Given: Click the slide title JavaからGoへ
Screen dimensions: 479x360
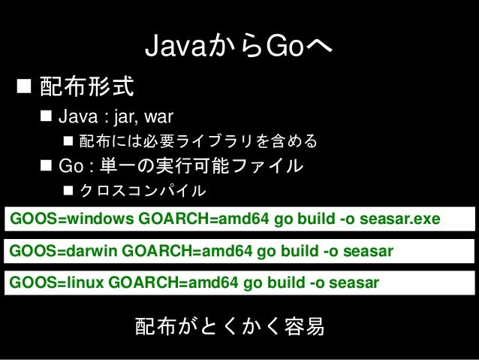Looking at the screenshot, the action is (x=239, y=46).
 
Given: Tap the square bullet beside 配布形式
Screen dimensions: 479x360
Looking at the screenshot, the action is (x=24, y=86).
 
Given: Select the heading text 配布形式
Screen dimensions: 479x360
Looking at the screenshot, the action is (x=87, y=86).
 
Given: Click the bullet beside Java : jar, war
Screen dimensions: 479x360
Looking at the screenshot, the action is (x=46, y=116).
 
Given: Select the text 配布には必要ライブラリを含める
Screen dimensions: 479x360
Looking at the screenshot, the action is (x=198, y=141).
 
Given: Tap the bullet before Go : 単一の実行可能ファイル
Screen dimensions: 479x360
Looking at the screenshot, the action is (x=46, y=165).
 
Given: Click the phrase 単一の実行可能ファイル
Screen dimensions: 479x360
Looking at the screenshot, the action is (x=201, y=165).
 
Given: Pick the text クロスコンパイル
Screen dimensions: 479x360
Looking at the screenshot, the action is (x=143, y=190).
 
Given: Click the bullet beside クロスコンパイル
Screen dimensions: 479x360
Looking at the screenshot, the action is (x=68, y=190).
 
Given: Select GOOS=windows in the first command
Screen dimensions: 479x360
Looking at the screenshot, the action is (x=72, y=219).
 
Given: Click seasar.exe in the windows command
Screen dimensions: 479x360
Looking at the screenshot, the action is (x=400, y=219).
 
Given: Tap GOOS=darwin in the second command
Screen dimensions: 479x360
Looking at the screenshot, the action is (x=63, y=251).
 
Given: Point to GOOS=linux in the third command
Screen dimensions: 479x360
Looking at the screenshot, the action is (x=56, y=283).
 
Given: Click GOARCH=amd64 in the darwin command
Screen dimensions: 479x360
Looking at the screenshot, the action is (x=187, y=251).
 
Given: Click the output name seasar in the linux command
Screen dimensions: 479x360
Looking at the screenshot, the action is (x=354, y=283).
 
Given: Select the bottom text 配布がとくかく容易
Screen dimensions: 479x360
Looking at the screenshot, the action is (x=230, y=326).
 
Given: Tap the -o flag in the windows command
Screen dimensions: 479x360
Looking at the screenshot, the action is (x=347, y=219).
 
